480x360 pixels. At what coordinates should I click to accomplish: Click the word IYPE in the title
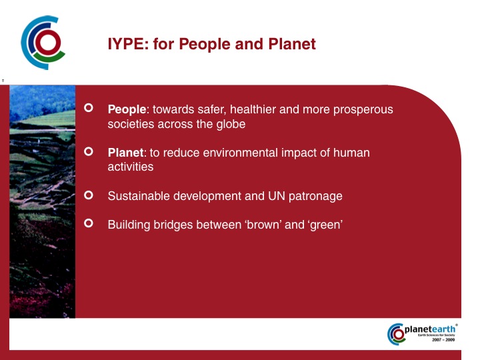[126, 44]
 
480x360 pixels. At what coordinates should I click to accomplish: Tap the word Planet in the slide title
[292, 44]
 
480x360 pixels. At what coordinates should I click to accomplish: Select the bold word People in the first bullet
[127, 109]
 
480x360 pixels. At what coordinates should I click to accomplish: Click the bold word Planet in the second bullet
[125, 153]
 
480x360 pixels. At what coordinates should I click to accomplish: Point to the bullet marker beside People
[89, 108]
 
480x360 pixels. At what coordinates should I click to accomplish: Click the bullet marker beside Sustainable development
[89, 195]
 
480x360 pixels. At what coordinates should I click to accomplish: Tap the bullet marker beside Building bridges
[89, 223]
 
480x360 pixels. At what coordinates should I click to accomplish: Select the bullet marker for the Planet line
[89, 151]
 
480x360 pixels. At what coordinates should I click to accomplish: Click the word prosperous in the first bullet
[363, 110]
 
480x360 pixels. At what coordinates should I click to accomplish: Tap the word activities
[131, 167]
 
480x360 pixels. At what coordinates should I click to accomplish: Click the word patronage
[315, 197]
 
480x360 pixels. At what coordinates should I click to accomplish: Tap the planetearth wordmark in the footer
[430, 329]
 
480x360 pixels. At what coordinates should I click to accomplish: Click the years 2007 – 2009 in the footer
[443, 340]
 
